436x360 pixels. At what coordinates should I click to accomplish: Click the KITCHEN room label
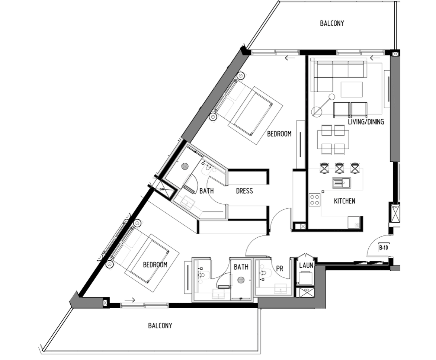tap(344, 201)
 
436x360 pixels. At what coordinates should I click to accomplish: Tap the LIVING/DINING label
tap(366, 122)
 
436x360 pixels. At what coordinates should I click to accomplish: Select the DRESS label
tap(244, 191)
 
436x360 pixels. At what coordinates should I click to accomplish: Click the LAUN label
tap(306, 266)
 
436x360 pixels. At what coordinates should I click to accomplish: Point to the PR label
tap(280, 269)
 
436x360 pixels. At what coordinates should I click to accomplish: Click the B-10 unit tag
tap(384, 247)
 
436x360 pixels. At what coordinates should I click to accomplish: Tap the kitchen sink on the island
tap(342, 183)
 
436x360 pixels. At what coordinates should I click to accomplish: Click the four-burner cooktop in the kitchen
tap(315, 200)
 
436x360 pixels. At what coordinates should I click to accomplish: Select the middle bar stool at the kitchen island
tap(339, 168)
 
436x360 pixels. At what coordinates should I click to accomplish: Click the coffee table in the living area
tap(352, 89)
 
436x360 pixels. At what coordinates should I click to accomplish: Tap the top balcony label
tap(332, 23)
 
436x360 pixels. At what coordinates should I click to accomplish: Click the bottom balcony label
tap(160, 325)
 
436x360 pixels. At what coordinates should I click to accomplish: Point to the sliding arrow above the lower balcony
tap(130, 300)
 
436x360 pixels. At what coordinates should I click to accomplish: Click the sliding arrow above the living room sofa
tap(375, 58)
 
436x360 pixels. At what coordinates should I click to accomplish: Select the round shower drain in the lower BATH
tap(241, 280)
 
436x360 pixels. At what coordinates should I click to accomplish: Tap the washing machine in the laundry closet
tap(305, 278)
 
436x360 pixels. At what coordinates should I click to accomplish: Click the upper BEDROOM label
tap(279, 134)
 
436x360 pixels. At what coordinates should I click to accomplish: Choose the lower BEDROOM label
tap(155, 265)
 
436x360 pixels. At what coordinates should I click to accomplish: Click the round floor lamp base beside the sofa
tap(317, 112)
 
